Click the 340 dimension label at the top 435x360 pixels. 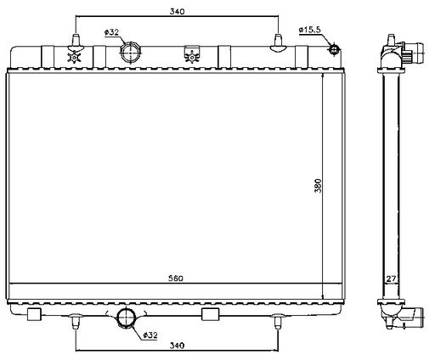pos(178,11)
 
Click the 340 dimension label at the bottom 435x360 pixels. pos(177,346)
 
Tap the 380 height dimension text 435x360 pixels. pos(319,186)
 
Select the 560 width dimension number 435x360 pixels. pos(176,278)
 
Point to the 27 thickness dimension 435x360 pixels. pos(391,278)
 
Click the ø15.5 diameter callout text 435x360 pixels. pos(310,30)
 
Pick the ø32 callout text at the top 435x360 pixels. pos(111,32)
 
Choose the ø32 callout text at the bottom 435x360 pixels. pos(150,335)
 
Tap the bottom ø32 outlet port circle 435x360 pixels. pos(127,318)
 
